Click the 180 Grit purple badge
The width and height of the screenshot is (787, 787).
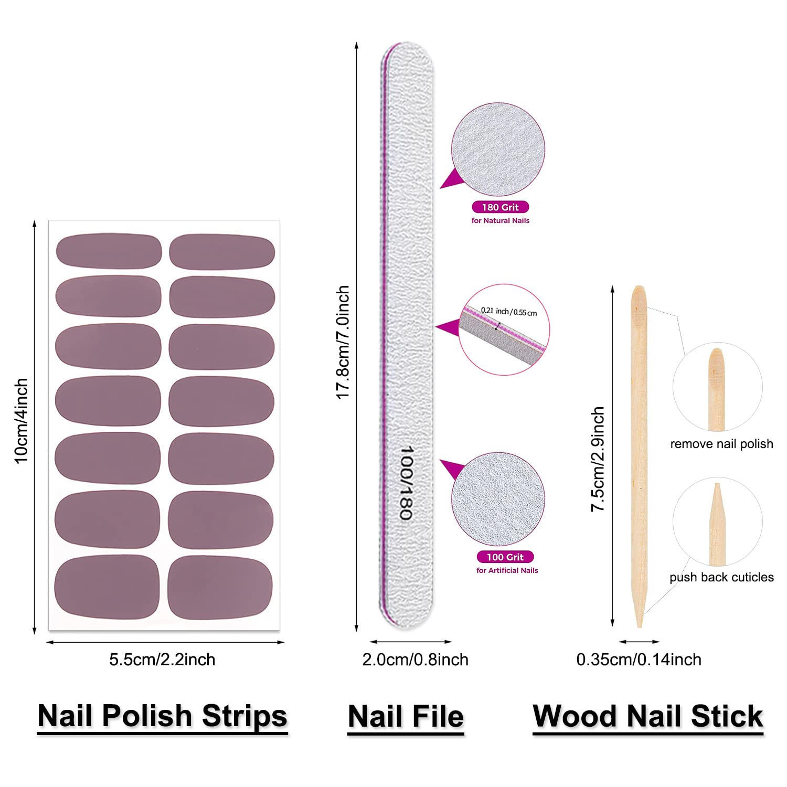(500, 207)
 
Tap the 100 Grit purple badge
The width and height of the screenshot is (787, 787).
(505, 557)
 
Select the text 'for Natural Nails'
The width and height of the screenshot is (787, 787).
(500, 221)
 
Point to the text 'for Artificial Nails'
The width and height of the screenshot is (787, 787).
(507, 570)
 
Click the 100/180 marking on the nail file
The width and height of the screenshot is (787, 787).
(407, 483)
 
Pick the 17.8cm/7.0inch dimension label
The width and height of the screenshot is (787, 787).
(343, 342)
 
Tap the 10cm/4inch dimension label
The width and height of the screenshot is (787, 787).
(21, 421)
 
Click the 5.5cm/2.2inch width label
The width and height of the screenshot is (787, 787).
(162, 660)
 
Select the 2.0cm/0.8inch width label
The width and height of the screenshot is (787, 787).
(415, 660)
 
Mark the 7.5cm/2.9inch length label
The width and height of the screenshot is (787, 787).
(598, 459)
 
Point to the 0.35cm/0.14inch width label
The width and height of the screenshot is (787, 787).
(639, 660)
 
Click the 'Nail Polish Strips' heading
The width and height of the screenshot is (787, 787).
(163, 716)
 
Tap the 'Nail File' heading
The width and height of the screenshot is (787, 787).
(406, 717)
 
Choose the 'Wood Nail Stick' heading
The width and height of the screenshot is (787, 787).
(648, 716)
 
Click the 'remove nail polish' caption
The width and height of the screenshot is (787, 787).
(721, 444)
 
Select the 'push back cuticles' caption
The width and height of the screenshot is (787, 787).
(721, 577)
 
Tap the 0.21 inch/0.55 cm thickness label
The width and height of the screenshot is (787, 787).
(508, 311)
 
